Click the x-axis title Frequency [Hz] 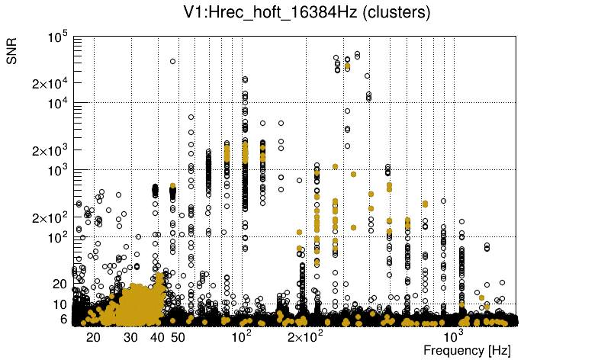(467, 350)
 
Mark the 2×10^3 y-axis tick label (50, 150)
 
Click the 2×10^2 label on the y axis (50, 217)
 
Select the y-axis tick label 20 (60, 284)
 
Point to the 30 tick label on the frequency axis (131, 336)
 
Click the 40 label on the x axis (157, 336)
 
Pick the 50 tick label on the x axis (178, 336)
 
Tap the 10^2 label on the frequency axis (242, 336)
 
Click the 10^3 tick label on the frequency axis (454, 336)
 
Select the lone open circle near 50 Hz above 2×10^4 (172, 61)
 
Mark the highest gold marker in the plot (348, 66)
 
